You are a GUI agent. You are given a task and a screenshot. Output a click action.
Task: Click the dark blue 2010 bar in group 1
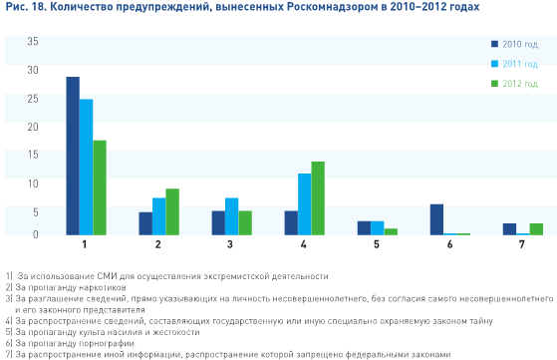[x=73, y=156]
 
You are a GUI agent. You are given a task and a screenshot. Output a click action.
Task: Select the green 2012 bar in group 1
[x=99, y=187]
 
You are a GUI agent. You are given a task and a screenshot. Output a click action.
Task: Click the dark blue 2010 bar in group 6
[x=436, y=219]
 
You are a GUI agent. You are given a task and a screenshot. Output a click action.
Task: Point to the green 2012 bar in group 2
[x=171, y=211]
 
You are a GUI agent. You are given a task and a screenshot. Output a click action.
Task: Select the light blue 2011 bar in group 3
[x=231, y=216]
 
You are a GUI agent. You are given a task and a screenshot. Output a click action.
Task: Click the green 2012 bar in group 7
[x=536, y=228]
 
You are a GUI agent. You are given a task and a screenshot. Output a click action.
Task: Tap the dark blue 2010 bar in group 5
[x=364, y=227]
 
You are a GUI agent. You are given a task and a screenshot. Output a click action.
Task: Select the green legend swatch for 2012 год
[x=495, y=82]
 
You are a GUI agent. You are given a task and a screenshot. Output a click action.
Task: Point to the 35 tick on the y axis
[x=33, y=41]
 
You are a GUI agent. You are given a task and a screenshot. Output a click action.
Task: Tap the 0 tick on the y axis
[x=35, y=233]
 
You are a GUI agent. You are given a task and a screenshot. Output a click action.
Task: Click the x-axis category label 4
[x=304, y=244]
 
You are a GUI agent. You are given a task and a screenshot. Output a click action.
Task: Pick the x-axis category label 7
[x=522, y=244]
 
